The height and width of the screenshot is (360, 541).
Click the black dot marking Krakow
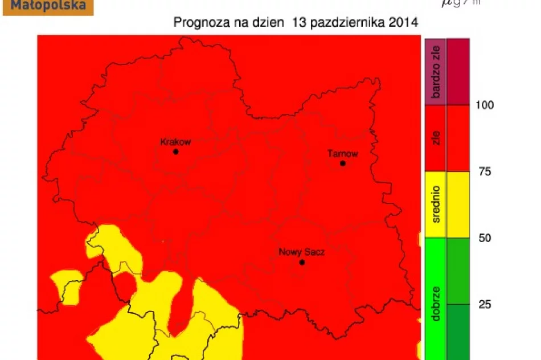click(175, 152)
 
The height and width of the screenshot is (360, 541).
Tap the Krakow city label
click(175, 142)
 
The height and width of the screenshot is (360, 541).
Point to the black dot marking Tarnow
click(343, 163)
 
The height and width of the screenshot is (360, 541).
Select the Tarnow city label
click(343, 153)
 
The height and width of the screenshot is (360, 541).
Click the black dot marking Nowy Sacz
click(302, 263)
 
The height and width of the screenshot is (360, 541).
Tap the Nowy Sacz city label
click(301, 252)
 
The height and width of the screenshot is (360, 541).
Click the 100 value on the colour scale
click(485, 105)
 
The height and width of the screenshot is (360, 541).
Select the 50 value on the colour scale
click(485, 238)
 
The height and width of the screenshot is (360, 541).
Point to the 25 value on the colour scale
click(485, 304)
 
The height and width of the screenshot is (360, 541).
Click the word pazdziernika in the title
click(349, 23)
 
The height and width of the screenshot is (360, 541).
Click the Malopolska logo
click(48, 7)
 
